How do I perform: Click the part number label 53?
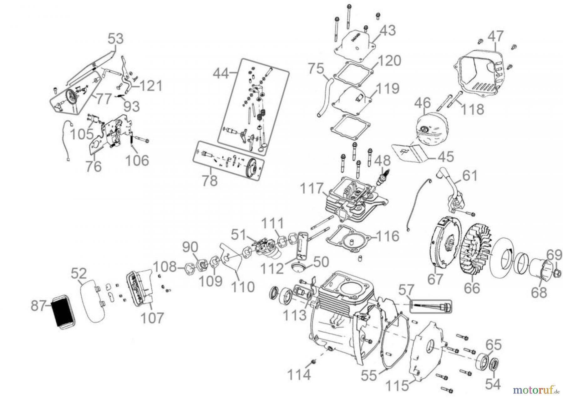click(116, 39)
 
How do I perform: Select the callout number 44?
click(221, 74)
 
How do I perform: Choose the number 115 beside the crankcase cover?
click(397, 386)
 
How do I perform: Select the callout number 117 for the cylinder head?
click(311, 189)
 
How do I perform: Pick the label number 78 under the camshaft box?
click(209, 181)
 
